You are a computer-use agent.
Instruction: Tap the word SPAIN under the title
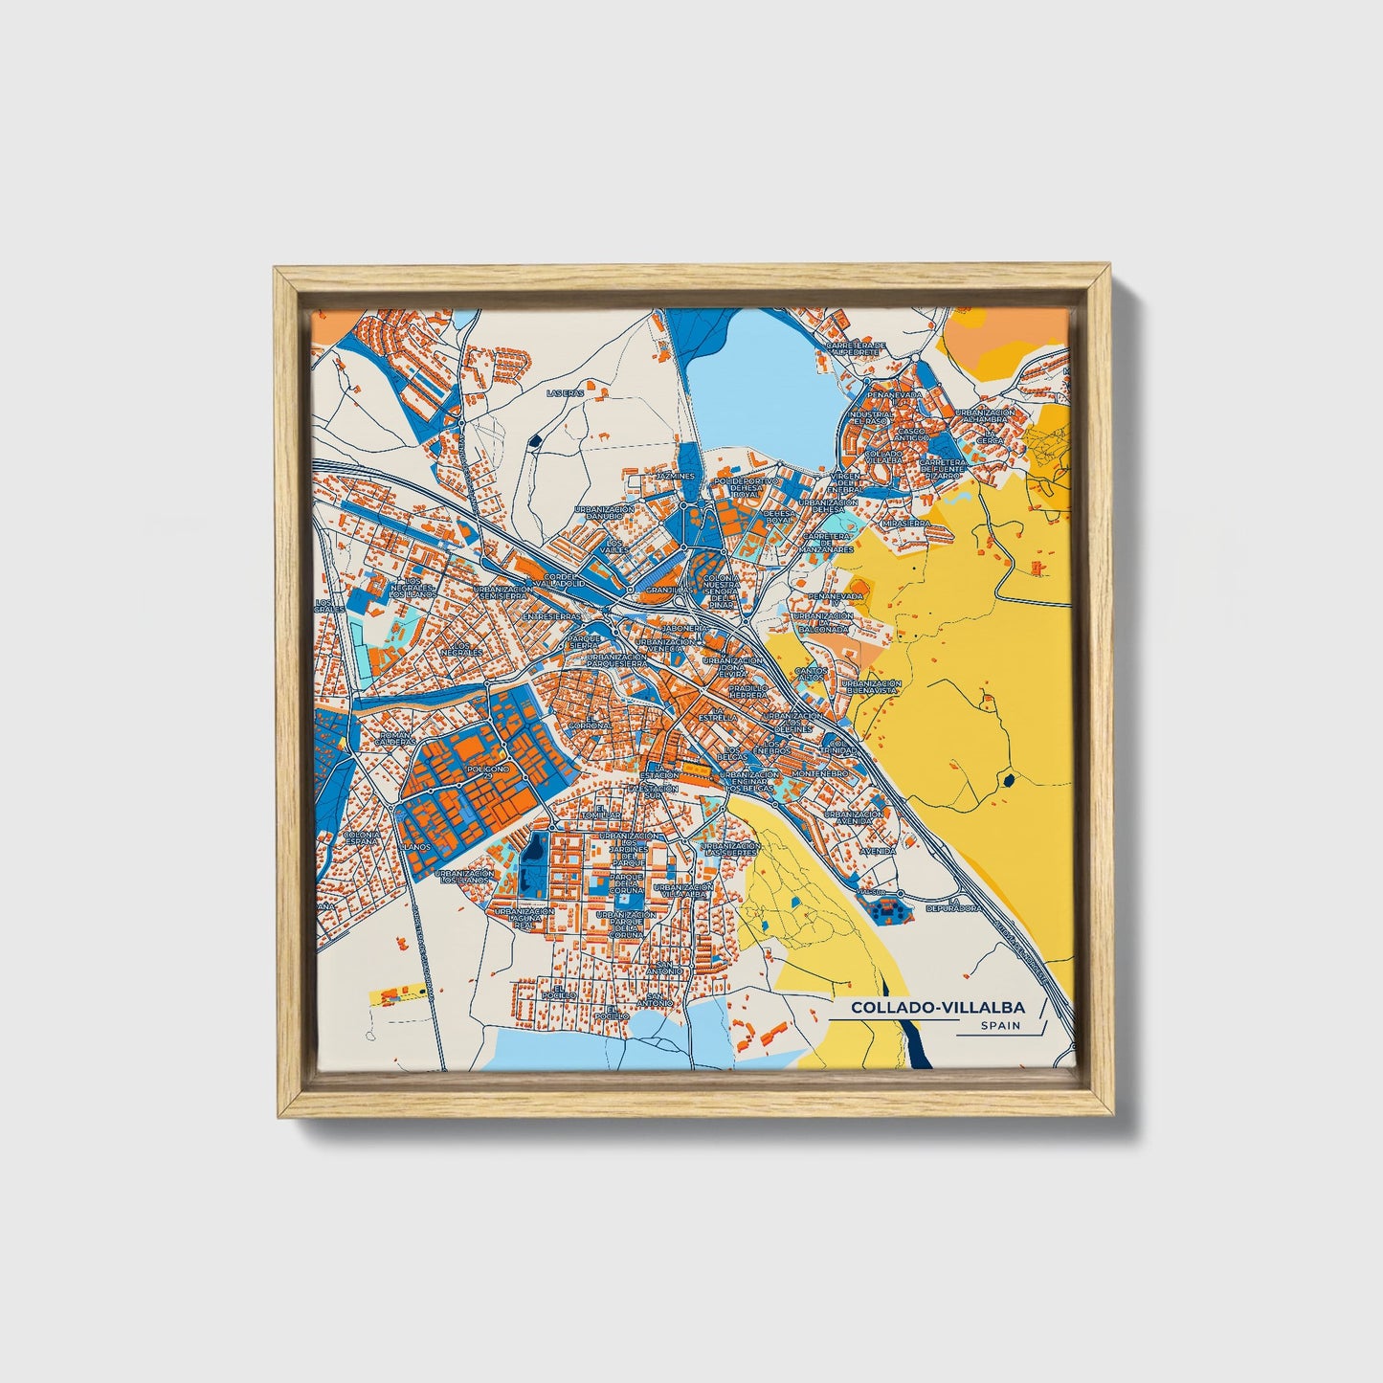click(x=1000, y=1026)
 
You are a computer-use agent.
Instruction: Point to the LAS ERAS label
click(x=563, y=392)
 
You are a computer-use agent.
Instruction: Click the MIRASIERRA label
click(x=905, y=524)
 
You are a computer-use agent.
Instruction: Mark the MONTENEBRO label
click(x=819, y=772)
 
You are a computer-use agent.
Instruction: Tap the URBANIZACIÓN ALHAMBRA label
click(x=988, y=416)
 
